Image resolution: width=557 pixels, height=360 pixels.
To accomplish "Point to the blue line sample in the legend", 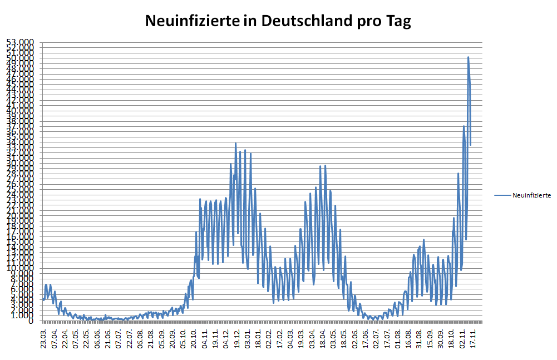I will click(502, 195).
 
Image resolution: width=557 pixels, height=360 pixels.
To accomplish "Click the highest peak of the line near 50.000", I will click(468, 57).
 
